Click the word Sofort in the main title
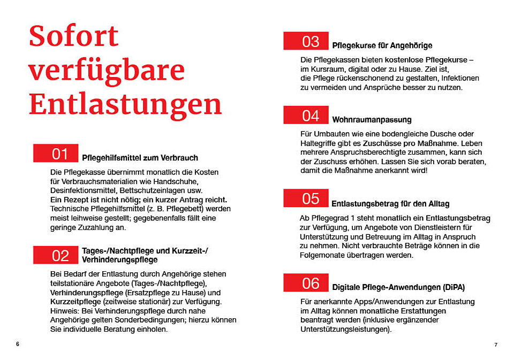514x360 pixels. [x=73, y=36]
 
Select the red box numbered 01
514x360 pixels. [x=56, y=154]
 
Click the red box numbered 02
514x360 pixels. [x=56, y=255]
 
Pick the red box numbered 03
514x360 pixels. [x=306, y=41]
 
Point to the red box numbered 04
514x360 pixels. [x=306, y=115]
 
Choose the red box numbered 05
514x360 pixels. [x=306, y=198]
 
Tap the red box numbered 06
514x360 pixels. [x=306, y=282]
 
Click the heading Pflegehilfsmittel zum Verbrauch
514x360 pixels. [x=140, y=158]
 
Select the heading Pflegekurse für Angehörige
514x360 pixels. [x=382, y=45]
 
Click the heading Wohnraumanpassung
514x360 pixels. [x=372, y=119]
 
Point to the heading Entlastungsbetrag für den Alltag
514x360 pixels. [x=390, y=204]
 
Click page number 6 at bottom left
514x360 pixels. [x=18, y=344]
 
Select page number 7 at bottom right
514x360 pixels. [x=496, y=344]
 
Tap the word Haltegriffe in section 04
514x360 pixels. [x=318, y=143]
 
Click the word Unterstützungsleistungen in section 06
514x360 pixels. [x=345, y=330]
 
